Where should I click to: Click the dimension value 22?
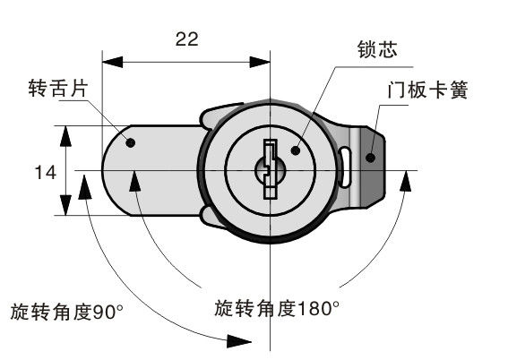tap(186, 39)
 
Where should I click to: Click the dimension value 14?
tap(46, 172)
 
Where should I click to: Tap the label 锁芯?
tap(377, 49)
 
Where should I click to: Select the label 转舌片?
tap(58, 88)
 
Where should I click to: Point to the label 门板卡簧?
tap(427, 90)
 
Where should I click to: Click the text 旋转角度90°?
tap(67, 312)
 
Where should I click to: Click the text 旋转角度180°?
tap(277, 308)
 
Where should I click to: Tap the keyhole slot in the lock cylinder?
tap(271, 169)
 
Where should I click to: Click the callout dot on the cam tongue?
tap(130, 142)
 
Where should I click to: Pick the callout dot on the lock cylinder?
tap(296, 150)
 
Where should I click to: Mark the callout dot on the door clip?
tap(370, 158)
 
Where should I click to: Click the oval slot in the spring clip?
tap(345, 167)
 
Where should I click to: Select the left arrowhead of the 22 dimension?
tap(112, 62)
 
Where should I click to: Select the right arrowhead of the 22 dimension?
tap(260, 62)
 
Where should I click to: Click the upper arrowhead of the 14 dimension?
tap(65, 136)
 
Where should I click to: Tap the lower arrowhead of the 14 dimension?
tap(65, 205)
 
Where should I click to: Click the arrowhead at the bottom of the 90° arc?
tap(239, 341)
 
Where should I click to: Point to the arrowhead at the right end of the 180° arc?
tap(405, 181)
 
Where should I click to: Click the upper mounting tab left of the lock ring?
tap(220, 116)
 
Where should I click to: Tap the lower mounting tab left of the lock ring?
tap(214, 218)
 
